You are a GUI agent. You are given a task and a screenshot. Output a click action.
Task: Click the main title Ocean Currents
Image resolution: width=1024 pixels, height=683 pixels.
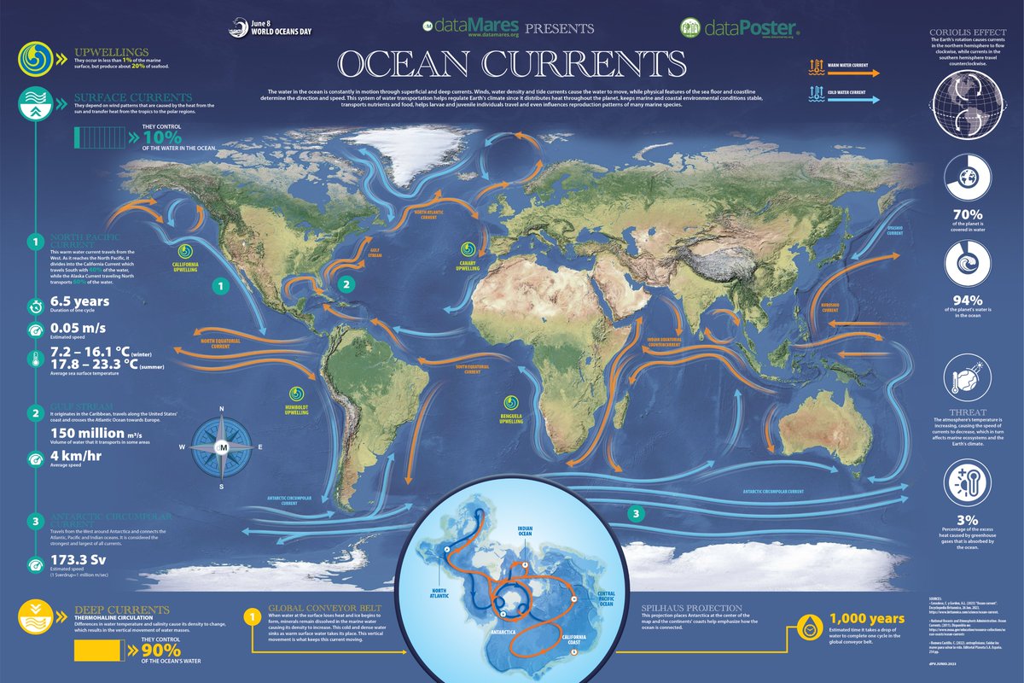[511, 64]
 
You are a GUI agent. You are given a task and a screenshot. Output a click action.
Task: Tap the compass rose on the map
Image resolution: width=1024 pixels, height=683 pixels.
[223, 447]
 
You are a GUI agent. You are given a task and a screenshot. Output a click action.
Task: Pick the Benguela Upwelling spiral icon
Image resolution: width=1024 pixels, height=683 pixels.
[510, 401]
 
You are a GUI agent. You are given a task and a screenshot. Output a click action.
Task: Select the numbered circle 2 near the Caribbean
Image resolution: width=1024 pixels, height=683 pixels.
[346, 284]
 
